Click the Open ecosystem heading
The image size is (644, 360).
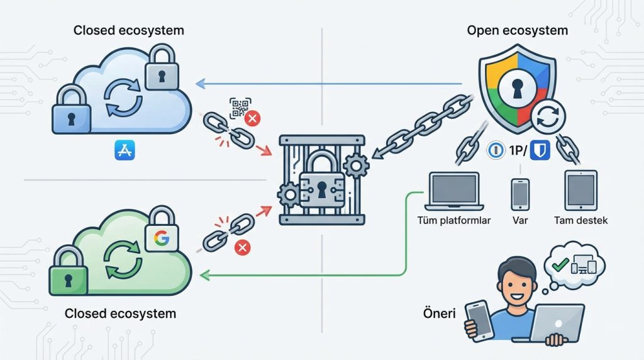(x=517, y=30)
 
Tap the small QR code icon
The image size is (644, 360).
(x=240, y=108)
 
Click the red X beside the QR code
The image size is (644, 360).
(x=253, y=118)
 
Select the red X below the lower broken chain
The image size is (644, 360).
(x=241, y=249)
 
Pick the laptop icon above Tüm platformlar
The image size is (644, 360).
(x=453, y=191)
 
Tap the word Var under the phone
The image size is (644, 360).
(x=519, y=221)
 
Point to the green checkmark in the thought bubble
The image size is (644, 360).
(x=558, y=264)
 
